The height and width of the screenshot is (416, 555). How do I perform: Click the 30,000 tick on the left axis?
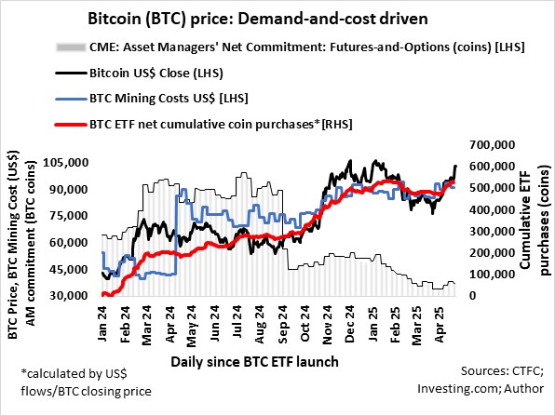point(69,296)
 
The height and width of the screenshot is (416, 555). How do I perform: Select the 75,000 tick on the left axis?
point(69,216)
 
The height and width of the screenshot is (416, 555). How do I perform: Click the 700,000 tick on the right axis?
point(494,145)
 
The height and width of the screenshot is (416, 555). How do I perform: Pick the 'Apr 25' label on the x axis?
point(443,321)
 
